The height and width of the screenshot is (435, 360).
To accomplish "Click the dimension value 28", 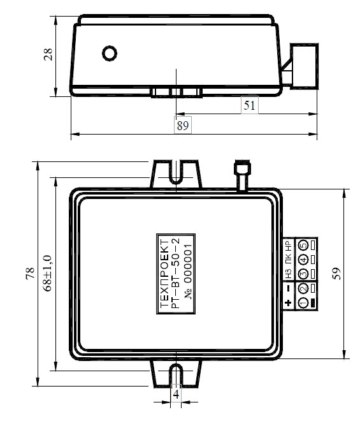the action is [x=48, y=54].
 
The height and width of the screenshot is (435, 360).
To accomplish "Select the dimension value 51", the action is [x=249, y=105].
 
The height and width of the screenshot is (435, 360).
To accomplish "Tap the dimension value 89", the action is [x=183, y=126].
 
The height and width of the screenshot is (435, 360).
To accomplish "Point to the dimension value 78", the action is [x=30, y=273].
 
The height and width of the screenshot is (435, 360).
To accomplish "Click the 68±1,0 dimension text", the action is [x=47, y=273].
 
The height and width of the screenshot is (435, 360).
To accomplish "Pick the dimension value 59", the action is [x=336, y=274].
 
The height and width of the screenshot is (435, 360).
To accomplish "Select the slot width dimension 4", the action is [x=176, y=394].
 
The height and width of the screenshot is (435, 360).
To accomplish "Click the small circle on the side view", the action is [x=110, y=54].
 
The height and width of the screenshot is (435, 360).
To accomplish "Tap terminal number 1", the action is [x=303, y=302].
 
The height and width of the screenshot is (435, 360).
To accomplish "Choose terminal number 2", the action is [x=303, y=288].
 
